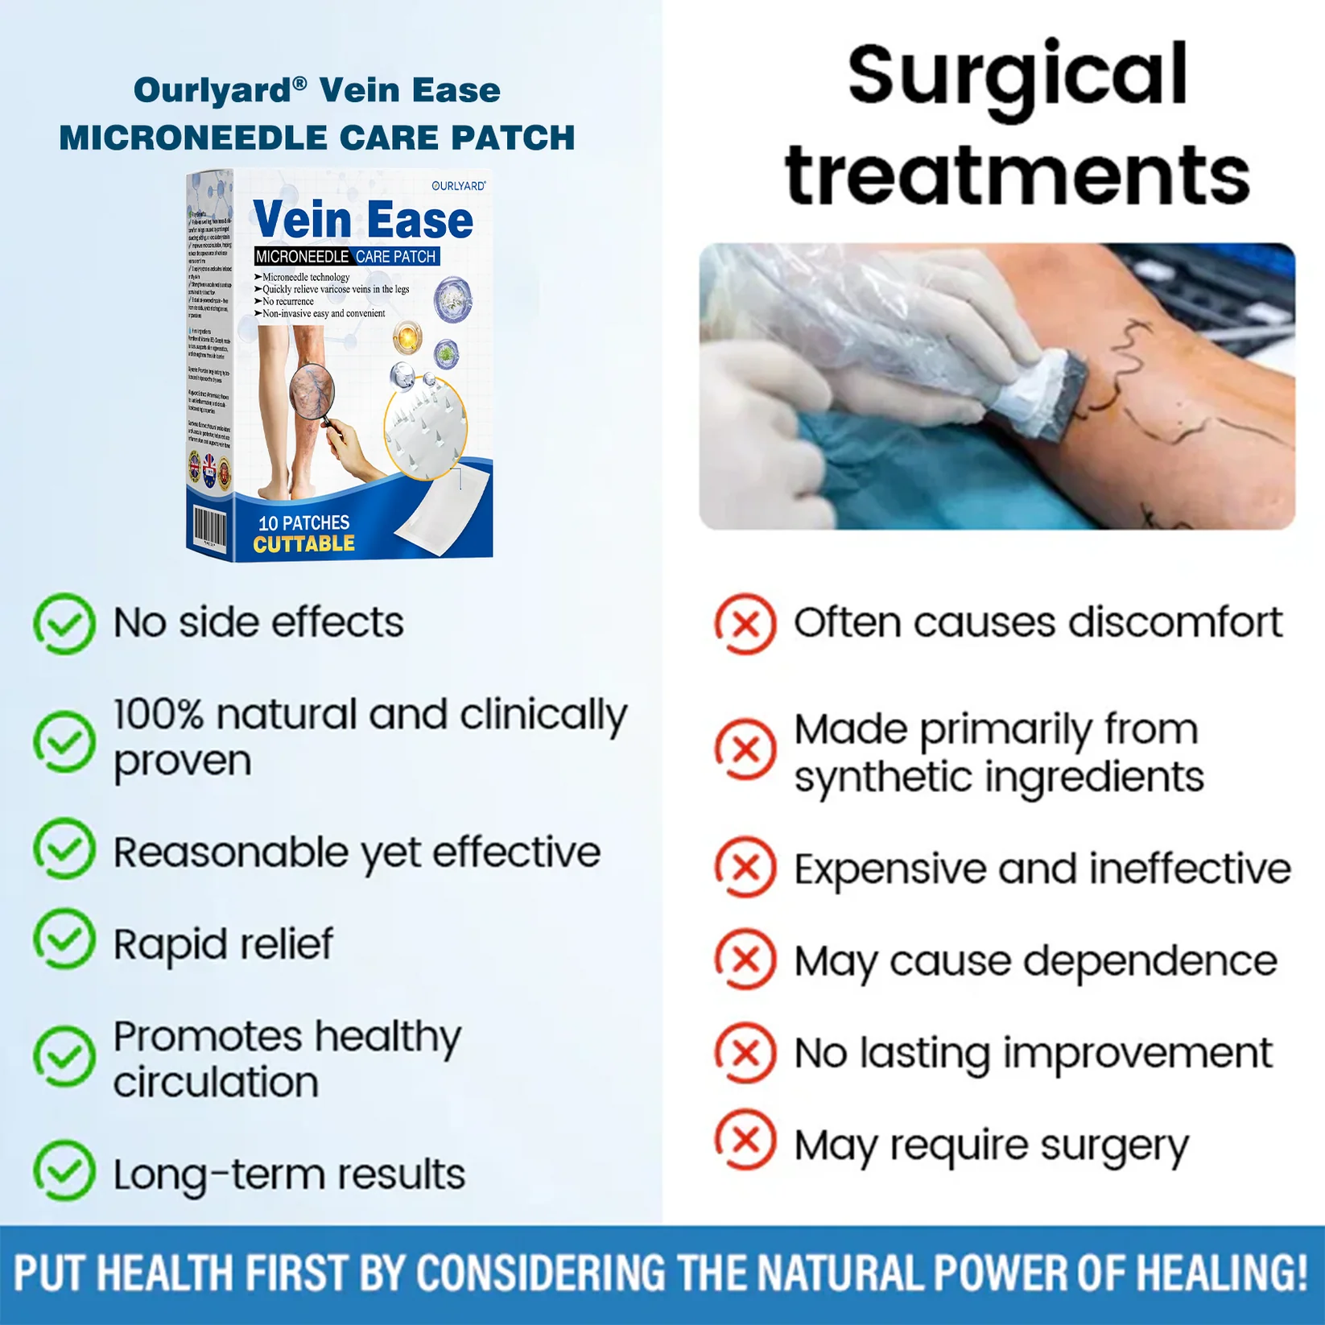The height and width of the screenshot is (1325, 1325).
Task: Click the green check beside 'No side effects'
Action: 64,623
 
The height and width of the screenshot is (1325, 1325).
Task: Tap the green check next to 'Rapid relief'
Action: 64,939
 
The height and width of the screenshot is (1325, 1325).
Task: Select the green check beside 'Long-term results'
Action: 64,1170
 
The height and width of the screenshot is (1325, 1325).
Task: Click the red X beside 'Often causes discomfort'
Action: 745,623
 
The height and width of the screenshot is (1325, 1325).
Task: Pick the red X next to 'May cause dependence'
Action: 745,959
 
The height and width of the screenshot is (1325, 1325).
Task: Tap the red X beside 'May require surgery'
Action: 745,1141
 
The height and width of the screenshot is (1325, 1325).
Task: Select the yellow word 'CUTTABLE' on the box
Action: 303,544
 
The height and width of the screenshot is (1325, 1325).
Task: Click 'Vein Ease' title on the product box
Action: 363,220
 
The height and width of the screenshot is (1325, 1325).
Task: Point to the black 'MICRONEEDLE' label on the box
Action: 302,257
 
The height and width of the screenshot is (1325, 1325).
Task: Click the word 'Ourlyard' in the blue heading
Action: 213,90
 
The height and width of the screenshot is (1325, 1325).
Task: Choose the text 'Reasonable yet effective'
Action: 357,852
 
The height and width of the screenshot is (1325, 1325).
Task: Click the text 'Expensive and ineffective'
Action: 1042,869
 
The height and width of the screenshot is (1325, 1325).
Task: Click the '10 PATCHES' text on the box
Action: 303,522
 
